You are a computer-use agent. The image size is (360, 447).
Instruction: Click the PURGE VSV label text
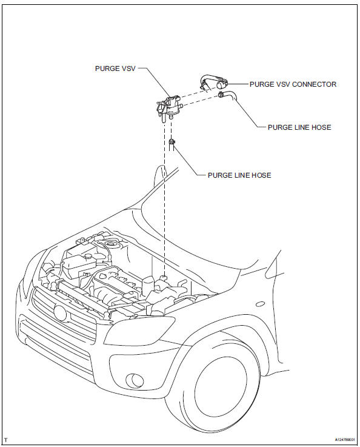pos(115,69)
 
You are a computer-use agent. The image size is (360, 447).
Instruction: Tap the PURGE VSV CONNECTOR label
pos(293,84)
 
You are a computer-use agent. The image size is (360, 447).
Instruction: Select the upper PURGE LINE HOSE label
pos(299,127)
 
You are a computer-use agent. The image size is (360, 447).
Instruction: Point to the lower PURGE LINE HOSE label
pos(239,175)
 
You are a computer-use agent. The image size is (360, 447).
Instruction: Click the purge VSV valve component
pos(168,108)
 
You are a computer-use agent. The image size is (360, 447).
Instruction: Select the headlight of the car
pos(139,331)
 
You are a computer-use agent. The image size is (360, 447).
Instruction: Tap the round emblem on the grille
pos(60,313)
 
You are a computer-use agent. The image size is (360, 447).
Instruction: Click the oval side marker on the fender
pos(261,304)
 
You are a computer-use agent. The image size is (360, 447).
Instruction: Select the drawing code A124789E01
pos(345,440)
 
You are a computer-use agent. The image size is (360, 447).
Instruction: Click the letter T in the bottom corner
pos(5,440)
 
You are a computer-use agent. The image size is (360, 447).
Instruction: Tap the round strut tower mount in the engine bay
pos(110,244)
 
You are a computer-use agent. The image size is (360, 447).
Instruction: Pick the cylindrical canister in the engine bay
pos(148,286)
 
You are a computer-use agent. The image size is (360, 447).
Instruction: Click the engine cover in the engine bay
pos(117,282)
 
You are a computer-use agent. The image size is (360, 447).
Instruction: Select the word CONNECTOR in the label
pos(315,84)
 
